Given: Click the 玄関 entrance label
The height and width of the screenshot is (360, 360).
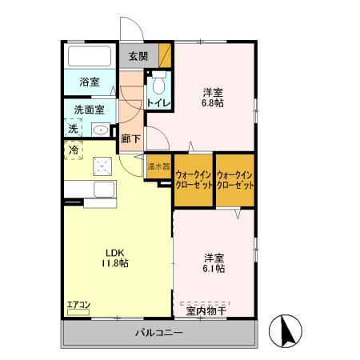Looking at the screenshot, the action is click(138, 56).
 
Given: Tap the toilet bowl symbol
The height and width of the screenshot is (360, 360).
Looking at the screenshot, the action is click(158, 82).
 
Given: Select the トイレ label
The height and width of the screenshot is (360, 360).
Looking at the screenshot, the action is click(159, 103).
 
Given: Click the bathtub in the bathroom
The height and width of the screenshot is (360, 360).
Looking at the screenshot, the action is click(90, 56).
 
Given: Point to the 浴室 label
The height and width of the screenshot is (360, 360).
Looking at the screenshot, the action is click(90, 82).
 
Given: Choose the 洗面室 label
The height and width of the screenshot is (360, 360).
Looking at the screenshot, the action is click(89, 110).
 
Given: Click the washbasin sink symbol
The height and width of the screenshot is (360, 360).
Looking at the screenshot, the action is click(101, 130).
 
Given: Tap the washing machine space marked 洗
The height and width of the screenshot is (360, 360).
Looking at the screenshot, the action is click(73, 128).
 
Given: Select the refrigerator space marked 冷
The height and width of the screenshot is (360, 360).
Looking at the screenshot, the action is click(74, 150).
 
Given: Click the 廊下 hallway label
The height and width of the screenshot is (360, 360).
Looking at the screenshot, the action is click(130, 139).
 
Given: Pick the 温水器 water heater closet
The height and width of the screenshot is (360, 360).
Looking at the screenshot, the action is click(159, 166).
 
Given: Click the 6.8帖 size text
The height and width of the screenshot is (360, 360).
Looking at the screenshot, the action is click(213, 103).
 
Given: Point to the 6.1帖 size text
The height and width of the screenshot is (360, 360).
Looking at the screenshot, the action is click(214, 268).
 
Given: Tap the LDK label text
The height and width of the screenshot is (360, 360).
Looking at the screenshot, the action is click(115, 253).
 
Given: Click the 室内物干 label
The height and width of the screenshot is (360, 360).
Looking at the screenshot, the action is click(206, 311).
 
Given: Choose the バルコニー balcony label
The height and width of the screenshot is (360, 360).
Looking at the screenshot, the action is click(159, 333).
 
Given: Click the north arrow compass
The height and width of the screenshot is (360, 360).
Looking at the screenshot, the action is click(286, 330).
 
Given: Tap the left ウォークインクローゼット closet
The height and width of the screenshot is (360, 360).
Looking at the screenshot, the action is click(194, 180).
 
